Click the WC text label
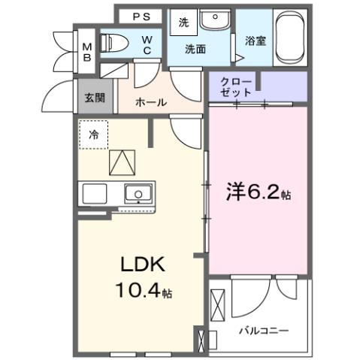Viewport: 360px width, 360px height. tap(148, 44)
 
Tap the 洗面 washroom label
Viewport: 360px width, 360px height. tap(198, 49)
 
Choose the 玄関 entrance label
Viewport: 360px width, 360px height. tap(95, 95)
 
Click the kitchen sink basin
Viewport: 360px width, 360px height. tap(138, 194)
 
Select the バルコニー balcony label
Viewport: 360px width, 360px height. tap(264, 330)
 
